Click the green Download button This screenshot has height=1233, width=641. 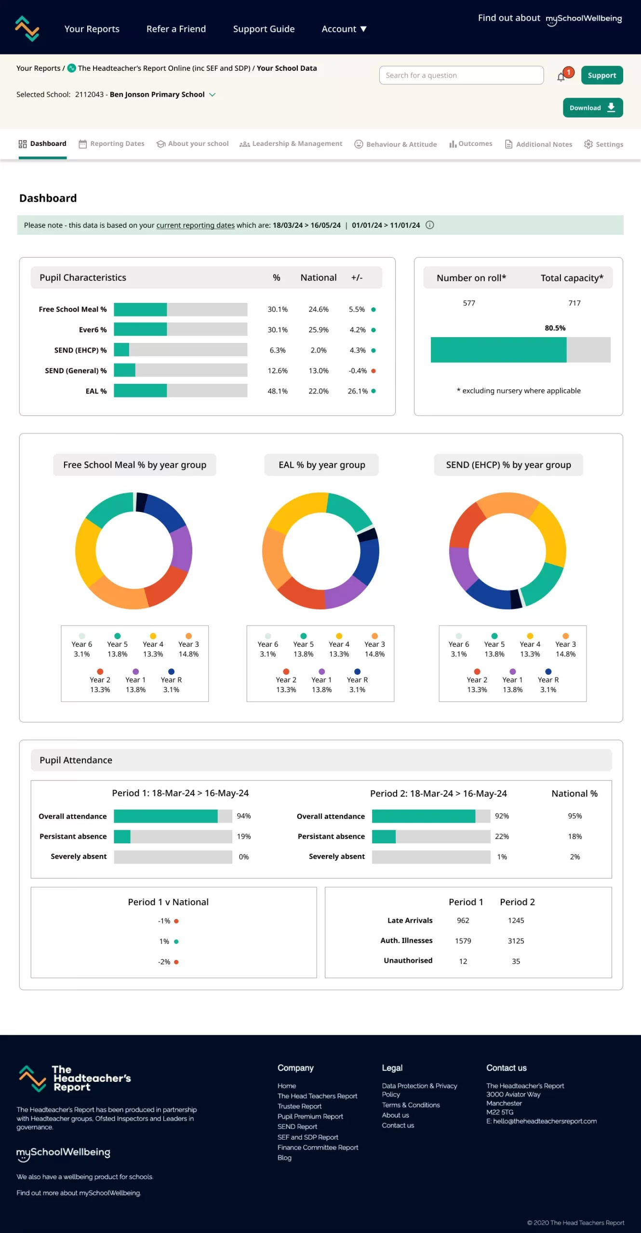click(x=592, y=107)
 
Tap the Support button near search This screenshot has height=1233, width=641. click(x=601, y=75)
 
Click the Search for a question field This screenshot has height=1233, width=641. click(x=461, y=75)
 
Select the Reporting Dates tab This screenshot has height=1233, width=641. click(x=112, y=144)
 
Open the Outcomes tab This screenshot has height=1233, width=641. click(x=470, y=144)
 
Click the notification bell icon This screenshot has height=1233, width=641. click(x=561, y=77)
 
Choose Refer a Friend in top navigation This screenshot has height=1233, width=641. click(x=176, y=29)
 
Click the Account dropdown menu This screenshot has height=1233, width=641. click(x=344, y=29)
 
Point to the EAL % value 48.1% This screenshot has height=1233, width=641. click(x=278, y=391)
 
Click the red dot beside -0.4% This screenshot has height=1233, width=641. click(x=374, y=371)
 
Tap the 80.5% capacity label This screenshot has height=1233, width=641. click(x=555, y=328)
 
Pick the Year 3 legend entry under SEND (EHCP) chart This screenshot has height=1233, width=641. click(x=565, y=645)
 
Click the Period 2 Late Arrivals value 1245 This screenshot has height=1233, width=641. click(x=516, y=920)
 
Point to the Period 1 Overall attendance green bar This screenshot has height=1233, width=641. click(x=165, y=816)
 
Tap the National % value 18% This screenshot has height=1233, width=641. click(x=574, y=837)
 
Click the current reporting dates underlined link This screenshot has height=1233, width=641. click(x=195, y=225)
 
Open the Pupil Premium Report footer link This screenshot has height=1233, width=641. click(x=310, y=1116)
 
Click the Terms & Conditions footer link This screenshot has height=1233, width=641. click(x=411, y=1105)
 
